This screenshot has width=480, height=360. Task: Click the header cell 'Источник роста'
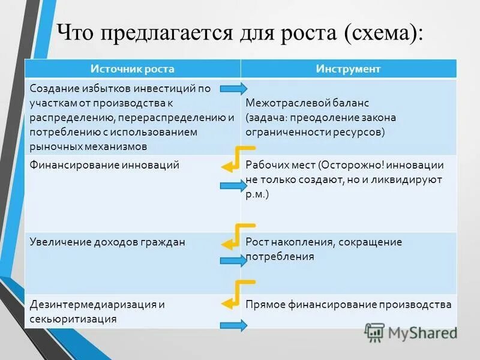(132, 69)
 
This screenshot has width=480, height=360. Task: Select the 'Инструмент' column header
(348, 69)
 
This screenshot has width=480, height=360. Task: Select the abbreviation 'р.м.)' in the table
(257, 194)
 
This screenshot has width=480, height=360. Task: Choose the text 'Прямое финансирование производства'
(349, 305)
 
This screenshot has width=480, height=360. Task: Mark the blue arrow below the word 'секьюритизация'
(233, 326)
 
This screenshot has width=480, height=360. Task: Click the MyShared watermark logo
(410, 332)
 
